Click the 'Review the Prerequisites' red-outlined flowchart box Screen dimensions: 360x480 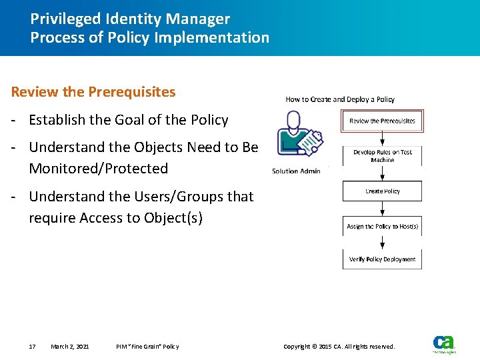(382, 121)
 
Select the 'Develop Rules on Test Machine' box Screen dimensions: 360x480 (382, 156)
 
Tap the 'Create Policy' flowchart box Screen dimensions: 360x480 (382, 191)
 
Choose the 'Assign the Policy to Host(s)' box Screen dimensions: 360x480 (382, 226)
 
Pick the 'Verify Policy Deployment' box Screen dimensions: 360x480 (382, 259)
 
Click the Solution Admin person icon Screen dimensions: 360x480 (297, 137)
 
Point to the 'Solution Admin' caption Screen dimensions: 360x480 (296, 171)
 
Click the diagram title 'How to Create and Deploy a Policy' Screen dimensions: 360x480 (340, 99)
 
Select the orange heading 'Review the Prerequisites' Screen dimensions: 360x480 (93, 92)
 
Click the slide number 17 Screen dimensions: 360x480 (32, 347)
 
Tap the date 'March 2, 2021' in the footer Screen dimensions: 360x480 (70, 347)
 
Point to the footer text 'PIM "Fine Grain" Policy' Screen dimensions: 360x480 (147, 347)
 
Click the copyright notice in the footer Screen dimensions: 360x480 (339, 347)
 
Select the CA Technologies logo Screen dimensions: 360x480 (444, 343)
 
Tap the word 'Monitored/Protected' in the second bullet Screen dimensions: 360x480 (99, 169)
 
